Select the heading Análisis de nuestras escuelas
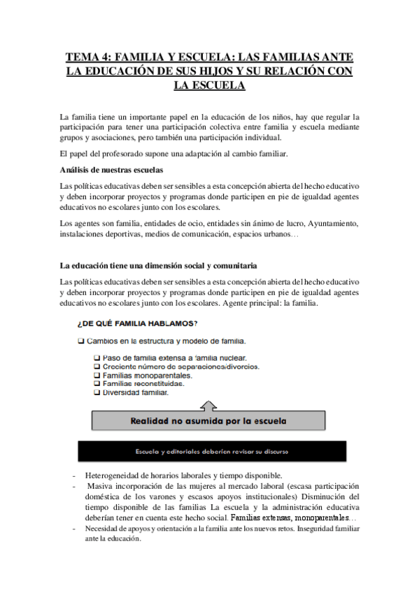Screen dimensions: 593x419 112,171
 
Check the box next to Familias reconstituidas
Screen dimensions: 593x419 97,384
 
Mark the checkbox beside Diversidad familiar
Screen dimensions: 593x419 97,392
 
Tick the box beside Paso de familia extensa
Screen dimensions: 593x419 97,358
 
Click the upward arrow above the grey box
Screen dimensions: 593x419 209,405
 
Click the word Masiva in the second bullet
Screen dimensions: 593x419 101,486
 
